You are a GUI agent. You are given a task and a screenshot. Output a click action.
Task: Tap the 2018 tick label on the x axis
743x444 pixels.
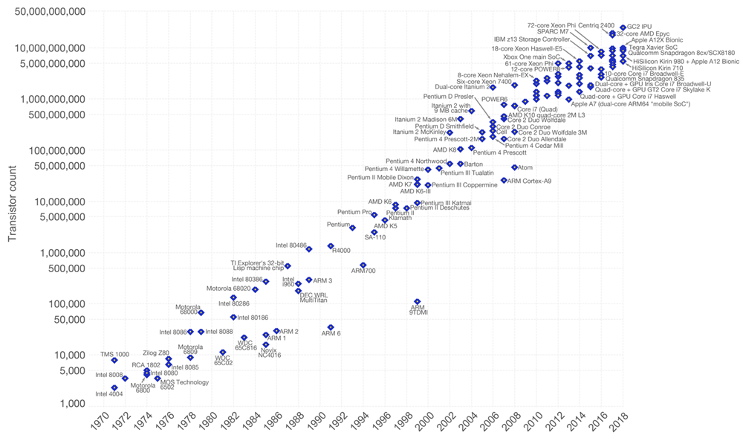(616, 426)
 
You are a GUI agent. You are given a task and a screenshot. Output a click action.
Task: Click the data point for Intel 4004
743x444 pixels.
(114, 387)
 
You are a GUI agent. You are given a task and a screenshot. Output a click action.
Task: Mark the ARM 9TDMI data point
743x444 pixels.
(418, 302)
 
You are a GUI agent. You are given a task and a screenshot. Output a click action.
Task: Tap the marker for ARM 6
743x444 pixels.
(331, 327)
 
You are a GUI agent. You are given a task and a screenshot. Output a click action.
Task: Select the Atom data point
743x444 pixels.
(514, 168)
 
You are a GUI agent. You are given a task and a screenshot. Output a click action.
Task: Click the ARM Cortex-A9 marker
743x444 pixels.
(504, 181)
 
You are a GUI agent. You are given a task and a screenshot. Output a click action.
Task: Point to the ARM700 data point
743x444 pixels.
(363, 265)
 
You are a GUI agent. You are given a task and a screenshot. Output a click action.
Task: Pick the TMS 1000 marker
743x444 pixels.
(114, 361)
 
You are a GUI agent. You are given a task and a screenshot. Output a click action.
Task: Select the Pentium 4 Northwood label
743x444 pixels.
(416, 161)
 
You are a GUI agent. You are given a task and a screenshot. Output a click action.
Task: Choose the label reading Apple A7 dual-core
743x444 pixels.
(631, 104)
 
